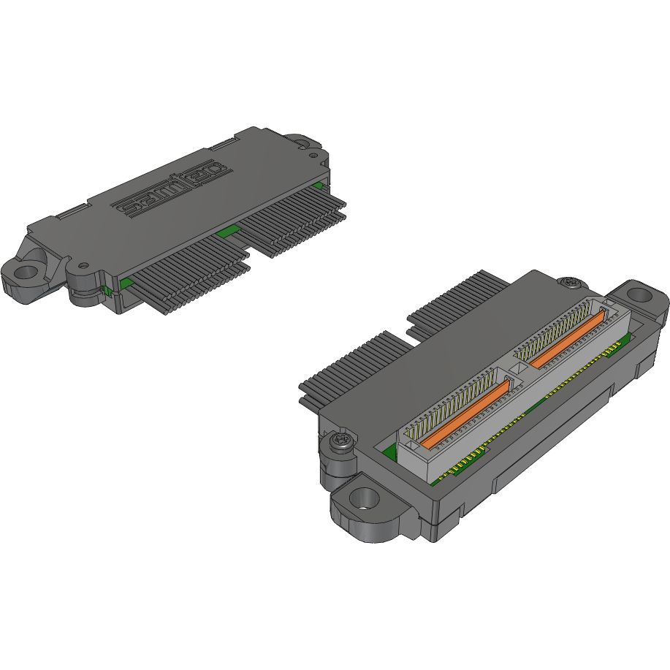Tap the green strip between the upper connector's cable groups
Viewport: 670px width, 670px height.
[227, 232]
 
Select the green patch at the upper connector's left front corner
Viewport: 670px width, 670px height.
[126, 283]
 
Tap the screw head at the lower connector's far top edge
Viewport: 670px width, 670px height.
[570, 282]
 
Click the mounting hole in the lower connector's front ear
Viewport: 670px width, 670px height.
[363, 500]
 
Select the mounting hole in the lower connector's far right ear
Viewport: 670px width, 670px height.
[640, 295]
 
